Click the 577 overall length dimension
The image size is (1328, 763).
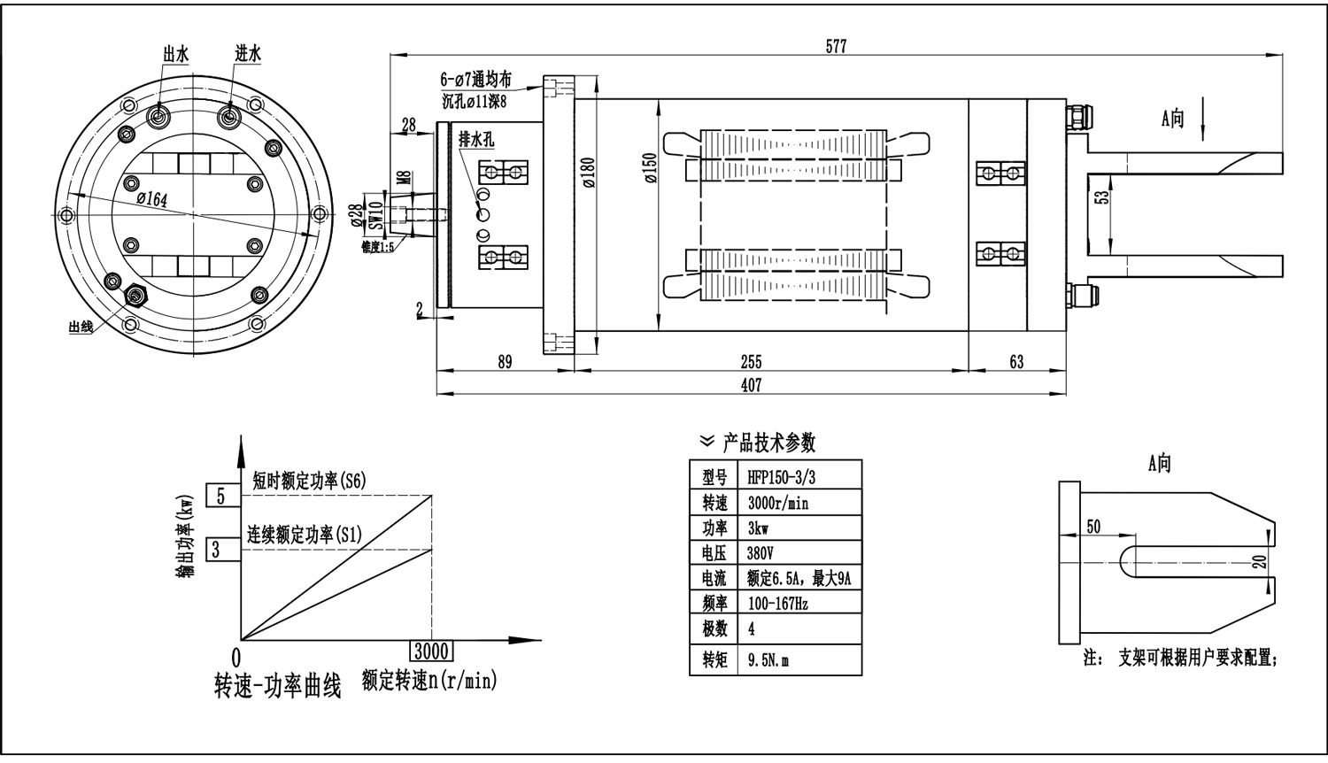[x=836, y=47]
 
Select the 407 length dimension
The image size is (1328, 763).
[x=751, y=385]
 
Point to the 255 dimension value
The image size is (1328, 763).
[x=751, y=361]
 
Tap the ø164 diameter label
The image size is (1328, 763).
[x=151, y=199]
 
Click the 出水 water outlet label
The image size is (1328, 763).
[x=175, y=54]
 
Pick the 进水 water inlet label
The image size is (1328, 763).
[x=248, y=54]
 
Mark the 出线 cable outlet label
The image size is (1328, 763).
[x=81, y=328]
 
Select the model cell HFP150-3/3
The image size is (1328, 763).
[x=781, y=477]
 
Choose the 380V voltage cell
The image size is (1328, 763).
[x=761, y=553]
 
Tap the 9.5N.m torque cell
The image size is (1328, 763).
[x=768, y=660]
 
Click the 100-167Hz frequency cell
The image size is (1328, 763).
[x=777, y=604]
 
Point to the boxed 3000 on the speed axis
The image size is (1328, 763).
[x=431, y=651]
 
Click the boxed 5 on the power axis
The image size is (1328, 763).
[x=221, y=496]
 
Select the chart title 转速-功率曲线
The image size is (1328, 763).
[x=277, y=687]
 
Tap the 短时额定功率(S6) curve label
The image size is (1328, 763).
[x=308, y=481]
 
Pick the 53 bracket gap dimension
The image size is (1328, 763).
[x=1100, y=197]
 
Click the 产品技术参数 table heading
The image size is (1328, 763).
[x=768, y=442]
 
